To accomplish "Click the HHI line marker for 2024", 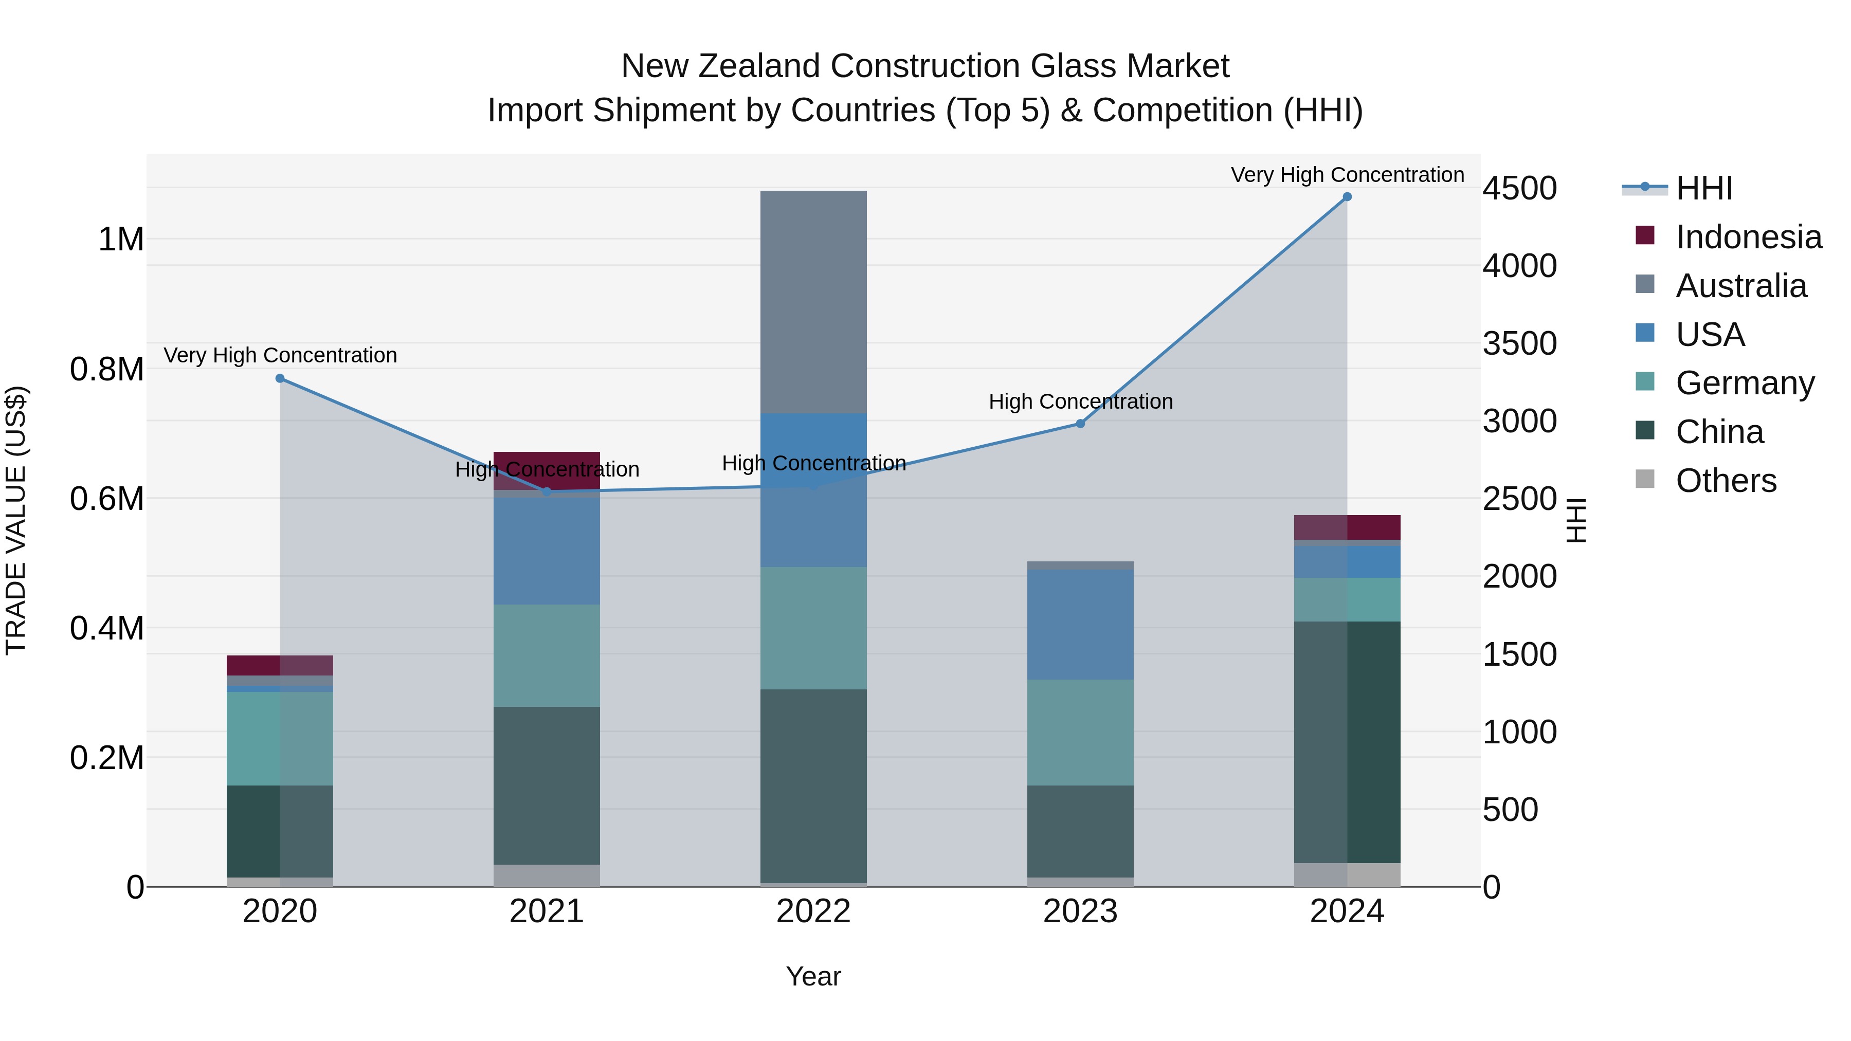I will click(x=1347, y=197).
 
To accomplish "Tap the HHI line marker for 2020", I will click(x=280, y=378).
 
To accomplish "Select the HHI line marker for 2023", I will click(x=1080, y=424).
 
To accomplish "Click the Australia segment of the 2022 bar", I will click(x=813, y=302).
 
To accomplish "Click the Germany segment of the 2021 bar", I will click(x=547, y=655).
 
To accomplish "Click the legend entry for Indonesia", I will click(x=1748, y=237).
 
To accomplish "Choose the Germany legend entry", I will click(x=1744, y=383).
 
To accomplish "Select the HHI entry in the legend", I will click(x=1703, y=188).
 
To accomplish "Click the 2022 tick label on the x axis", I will click(x=813, y=911).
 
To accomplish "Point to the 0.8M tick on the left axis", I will click(x=107, y=369).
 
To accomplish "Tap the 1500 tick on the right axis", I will click(x=1519, y=654).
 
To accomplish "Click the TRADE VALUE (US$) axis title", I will click(x=16, y=520).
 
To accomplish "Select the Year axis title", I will click(x=813, y=976).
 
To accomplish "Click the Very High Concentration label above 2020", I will click(x=280, y=356).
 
